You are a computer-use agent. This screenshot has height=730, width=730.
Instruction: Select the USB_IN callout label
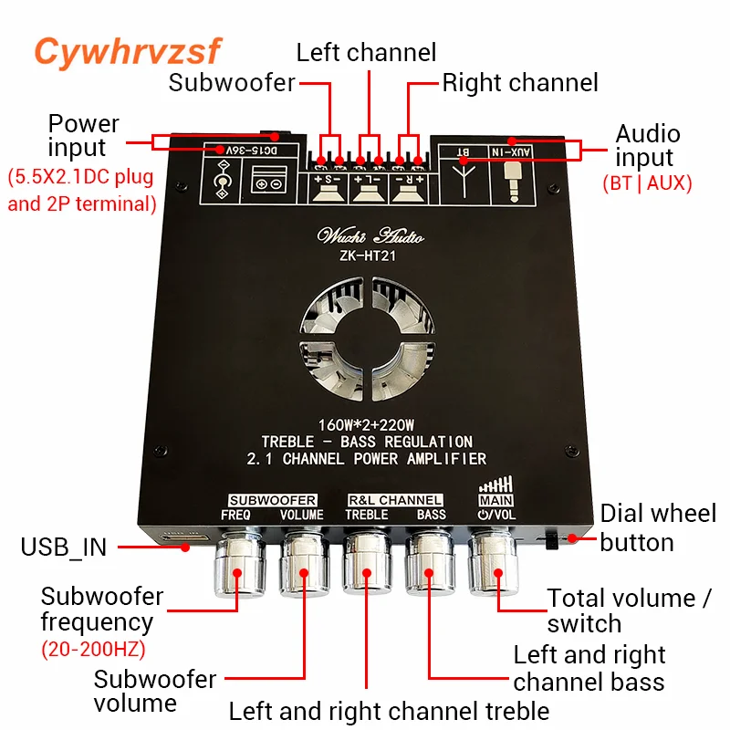pos(63,547)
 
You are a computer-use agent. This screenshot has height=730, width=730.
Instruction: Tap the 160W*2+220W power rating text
pos(366,424)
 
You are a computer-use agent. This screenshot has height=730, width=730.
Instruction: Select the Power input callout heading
pos(83,135)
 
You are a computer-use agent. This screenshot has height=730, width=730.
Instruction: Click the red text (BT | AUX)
pos(647,182)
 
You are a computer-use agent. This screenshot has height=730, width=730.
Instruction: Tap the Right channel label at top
pos(520,83)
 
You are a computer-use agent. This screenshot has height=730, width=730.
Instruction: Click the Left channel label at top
pos(366,52)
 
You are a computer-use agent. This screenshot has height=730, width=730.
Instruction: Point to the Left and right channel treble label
pos(389,711)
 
